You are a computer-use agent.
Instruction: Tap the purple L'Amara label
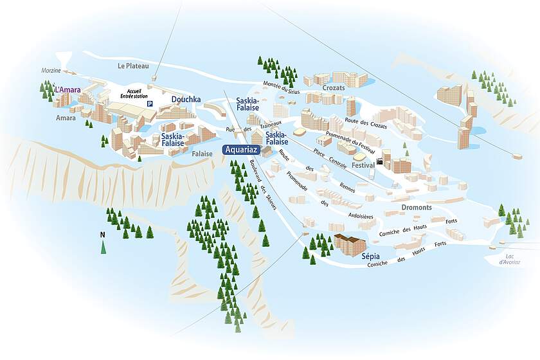coord(67,90)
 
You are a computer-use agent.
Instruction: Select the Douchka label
coord(186,100)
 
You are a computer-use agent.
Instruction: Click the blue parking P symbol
coord(150,104)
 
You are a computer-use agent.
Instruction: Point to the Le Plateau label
coord(133,66)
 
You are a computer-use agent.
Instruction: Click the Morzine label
coord(51,70)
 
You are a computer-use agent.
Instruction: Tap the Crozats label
coord(334,87)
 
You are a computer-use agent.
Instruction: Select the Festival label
coord(363,165)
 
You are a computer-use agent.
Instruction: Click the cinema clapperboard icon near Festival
coord(381,160)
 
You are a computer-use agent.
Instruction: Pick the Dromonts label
coord(417,208)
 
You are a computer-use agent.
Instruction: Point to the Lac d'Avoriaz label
coord(510,258)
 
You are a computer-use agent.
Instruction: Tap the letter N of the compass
coord(102,235)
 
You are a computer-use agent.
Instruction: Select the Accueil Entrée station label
coord(138,94)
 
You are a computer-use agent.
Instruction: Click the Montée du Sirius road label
coord(282,87)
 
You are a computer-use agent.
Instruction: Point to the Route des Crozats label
coord(366,123)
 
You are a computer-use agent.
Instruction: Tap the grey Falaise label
coord(202,154)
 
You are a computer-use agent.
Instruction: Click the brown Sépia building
coord(349,244)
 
